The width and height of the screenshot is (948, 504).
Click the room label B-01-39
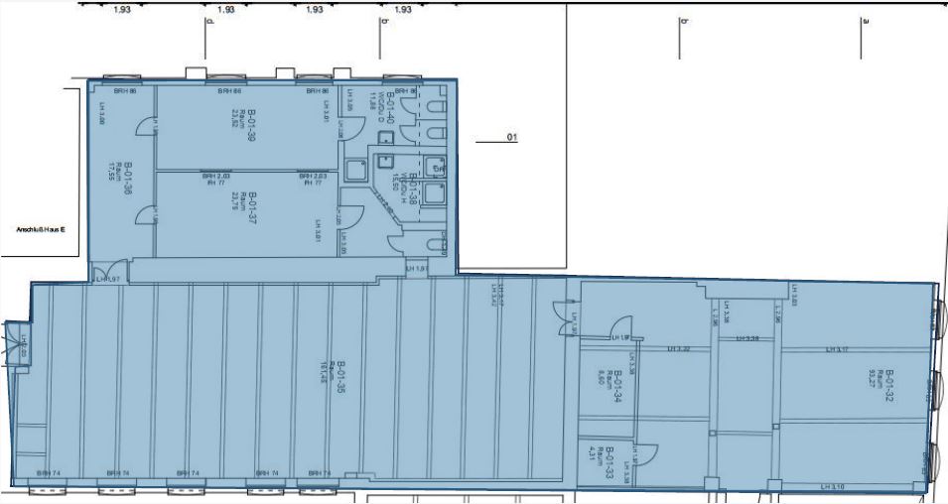252,125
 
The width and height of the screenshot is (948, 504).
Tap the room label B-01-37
253,207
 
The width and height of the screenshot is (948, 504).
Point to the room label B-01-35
339,376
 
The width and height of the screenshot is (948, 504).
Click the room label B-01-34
616,385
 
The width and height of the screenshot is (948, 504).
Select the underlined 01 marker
512,138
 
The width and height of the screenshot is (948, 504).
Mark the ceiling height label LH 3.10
832,486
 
